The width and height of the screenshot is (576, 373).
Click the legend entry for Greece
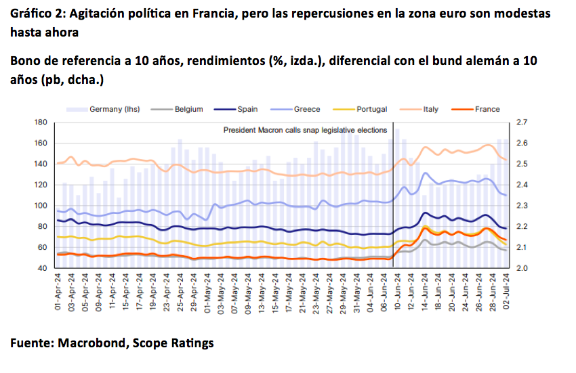click(x=306, y=109)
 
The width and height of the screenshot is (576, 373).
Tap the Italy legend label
click(x=431, y=109)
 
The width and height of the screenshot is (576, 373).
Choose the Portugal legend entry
click(x=370, y=109)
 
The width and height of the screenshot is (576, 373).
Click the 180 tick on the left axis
click(x=41, y=123)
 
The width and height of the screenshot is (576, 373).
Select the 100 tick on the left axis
click(x=41, y=206)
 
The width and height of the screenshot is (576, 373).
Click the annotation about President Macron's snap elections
click(x=305, y=130)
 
